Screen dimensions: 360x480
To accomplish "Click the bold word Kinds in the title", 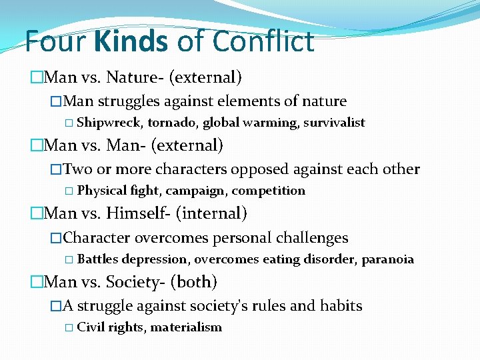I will tap(131, 41).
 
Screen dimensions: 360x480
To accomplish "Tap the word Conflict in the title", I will tap(263, 41).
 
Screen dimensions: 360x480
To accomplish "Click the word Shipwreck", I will tap(110, 123).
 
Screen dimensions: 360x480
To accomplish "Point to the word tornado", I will tap(173, 123).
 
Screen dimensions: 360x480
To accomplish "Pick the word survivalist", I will tap(334, 123).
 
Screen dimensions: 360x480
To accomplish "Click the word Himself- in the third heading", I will tap(139, 213).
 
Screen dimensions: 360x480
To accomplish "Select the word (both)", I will tap(193, 282).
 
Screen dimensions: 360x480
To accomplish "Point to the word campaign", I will tap(197, 191).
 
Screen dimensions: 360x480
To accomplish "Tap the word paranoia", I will tap(387, 259).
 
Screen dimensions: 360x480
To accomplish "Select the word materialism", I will tap(186, 327).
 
